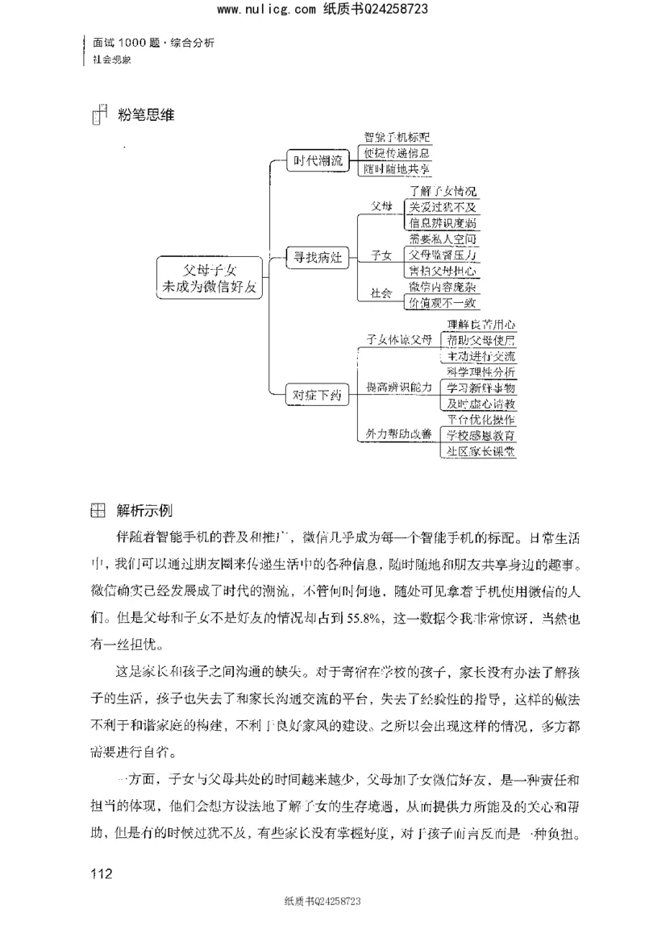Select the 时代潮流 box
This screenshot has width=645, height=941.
[x=317, y=160]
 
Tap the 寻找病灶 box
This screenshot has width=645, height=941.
[x=317, y=259]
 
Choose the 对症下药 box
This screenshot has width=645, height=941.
[x=317, y=395]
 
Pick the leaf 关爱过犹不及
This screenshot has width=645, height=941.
[x=442, y=207]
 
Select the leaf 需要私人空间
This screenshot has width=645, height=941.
[x=442, y=238]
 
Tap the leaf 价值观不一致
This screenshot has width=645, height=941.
[x=442, y=302]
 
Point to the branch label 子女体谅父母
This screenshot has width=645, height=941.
[x=399, y=339]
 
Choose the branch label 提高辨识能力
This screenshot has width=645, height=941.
[x=399, y=387]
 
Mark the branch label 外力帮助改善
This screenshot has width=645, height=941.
[x=399, y=434]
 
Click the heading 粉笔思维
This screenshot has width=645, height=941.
[x=146, y=115]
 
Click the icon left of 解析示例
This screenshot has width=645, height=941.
[x=96, y=511]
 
